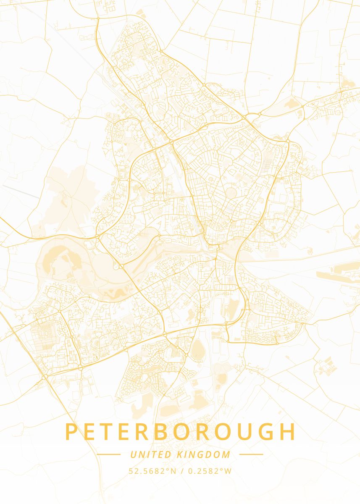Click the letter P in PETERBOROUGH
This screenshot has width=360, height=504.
[x=72, y=432]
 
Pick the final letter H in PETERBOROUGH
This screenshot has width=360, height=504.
[x=287, y=432]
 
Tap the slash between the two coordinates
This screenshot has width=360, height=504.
[x=181, y=471]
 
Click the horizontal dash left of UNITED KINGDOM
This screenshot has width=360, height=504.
[x=108, y=454]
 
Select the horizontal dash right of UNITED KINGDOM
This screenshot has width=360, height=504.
[x=251, y=454]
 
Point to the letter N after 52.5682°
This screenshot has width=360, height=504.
[x=173, y=471]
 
